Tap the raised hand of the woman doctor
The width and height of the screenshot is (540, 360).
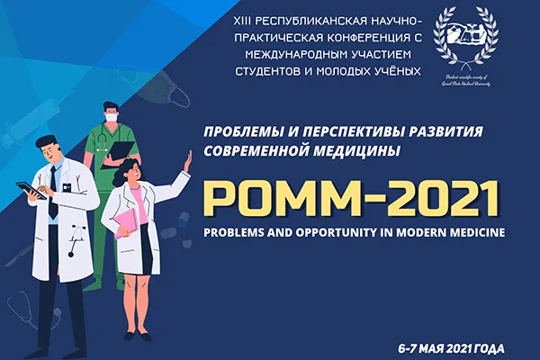click(187, 159)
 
